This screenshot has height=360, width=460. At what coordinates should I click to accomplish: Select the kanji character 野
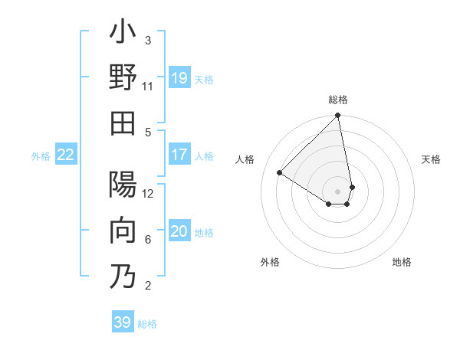point(123,77)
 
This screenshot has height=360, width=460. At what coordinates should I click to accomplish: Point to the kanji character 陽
point(123,186)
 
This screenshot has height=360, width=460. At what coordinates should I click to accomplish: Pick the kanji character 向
point(123,232)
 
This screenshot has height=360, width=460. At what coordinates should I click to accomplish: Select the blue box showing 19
point(179,77)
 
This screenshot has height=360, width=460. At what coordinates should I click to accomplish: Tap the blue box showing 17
point(179,155)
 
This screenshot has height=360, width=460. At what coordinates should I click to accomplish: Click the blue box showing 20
point(179,231)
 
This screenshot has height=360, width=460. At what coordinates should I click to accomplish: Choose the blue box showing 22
point(66,155)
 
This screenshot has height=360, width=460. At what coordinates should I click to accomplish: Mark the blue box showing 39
point(123,322)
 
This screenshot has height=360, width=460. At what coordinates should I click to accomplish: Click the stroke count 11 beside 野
point(148,86)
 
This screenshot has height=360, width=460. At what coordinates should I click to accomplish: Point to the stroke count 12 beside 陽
point(148,194)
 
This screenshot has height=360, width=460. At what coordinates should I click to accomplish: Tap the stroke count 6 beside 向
point(148,240)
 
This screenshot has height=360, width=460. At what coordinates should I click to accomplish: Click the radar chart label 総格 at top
point(338,100)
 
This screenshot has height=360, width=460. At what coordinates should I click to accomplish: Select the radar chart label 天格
point(431,159)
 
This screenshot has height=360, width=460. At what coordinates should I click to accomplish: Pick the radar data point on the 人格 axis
point(280,172)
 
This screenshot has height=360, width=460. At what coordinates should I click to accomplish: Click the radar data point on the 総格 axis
point(338,116)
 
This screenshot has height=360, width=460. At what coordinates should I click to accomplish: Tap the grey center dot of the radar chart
point(338,191)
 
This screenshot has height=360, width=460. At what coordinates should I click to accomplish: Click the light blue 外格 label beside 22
point(41,155)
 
